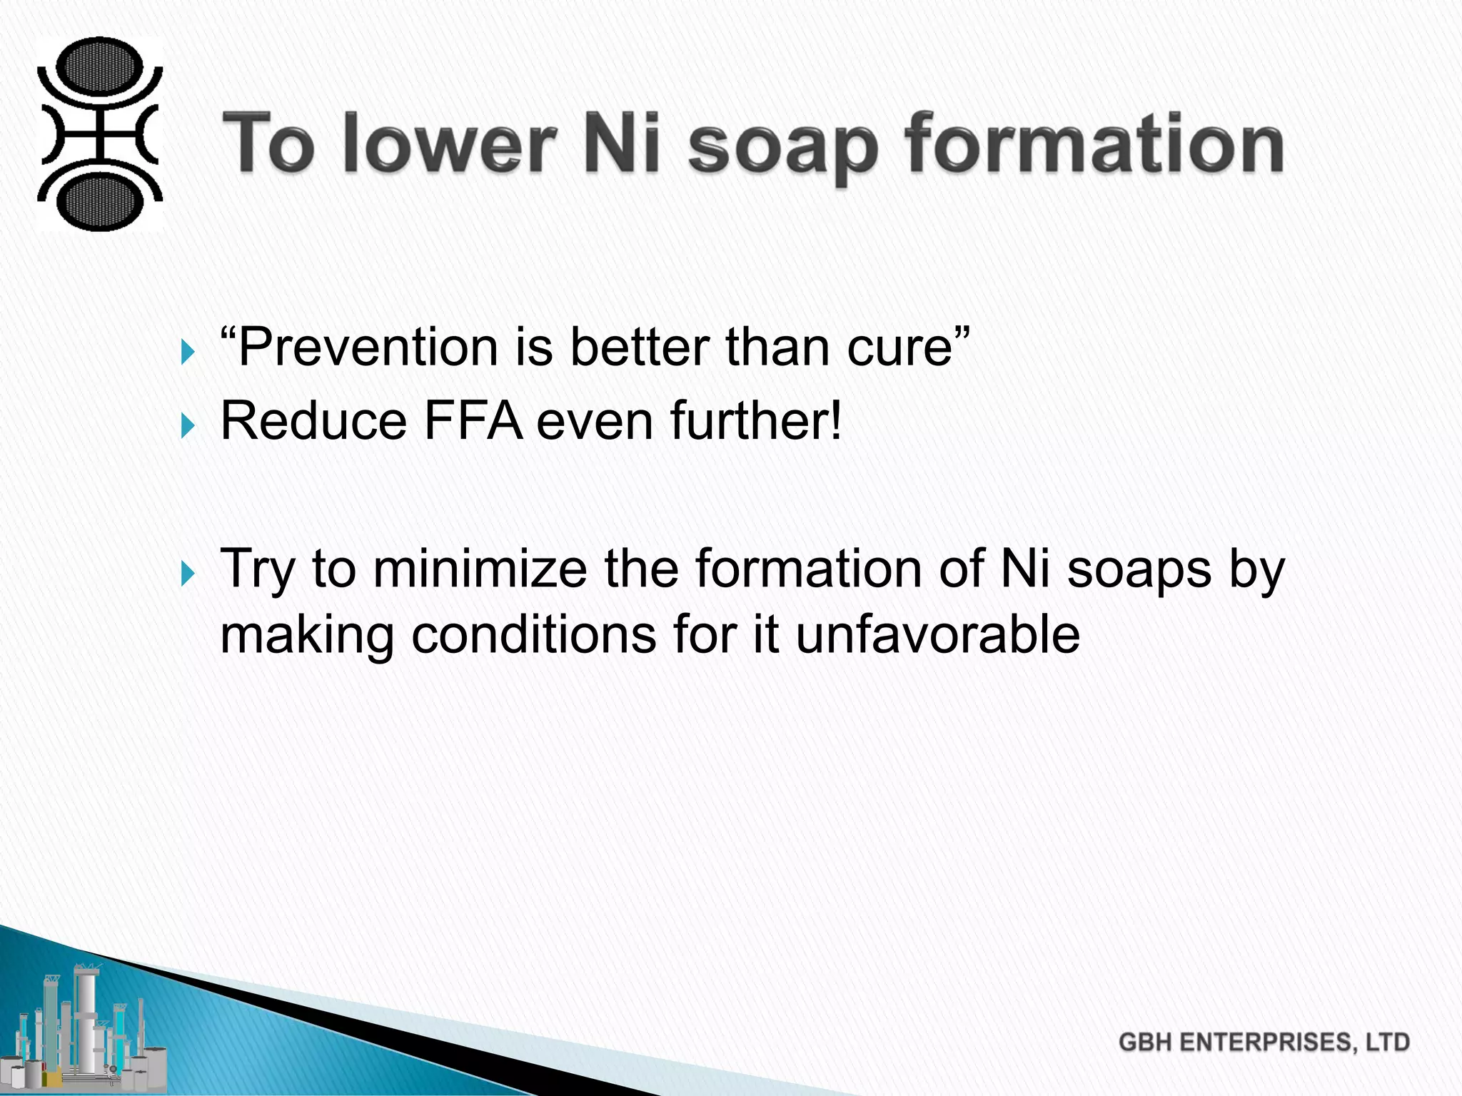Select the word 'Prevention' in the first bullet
point(367,347)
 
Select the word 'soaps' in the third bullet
point(1139,569)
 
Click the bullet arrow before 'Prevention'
point(188,352)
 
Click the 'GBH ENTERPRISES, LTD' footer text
point(1264,1042)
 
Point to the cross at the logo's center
point(99,134)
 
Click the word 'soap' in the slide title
point(782,146)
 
